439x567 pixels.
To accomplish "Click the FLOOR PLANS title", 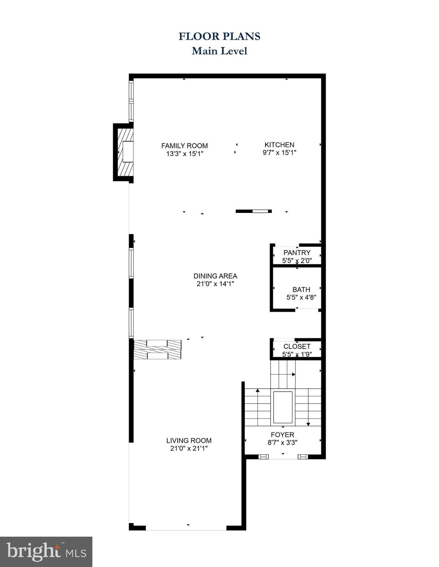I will pos(219,36).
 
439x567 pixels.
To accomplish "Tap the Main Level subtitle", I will pos(219,51).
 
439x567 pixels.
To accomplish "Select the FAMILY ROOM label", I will pos(184,146).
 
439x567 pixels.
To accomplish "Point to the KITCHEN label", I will pos(279,145).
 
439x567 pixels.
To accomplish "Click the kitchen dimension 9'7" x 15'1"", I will pos(279,152).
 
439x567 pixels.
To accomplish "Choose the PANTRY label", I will pos(297,252).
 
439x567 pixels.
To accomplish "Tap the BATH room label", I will pos(301,289).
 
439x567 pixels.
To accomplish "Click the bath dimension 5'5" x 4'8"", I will pos(301,297).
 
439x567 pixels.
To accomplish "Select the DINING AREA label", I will pos(215,276).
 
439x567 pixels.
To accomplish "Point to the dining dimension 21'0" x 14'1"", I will pos(215,284).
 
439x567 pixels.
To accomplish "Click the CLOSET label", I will pos(297,346).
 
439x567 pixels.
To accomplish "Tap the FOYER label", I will pos(282,435).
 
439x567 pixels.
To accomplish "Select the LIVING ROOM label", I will pos(189,440).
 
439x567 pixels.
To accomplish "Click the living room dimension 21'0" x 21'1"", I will pos(189,449).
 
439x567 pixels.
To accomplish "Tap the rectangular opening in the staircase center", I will pos(283,408).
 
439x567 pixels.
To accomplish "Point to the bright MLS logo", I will pos(46,551).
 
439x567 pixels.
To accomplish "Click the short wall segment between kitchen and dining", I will pos(254,211).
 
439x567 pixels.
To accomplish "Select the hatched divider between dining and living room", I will pos(158,350).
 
